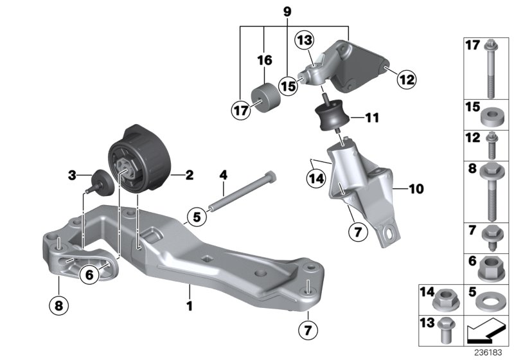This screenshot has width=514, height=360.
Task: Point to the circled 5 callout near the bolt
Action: [197, 217]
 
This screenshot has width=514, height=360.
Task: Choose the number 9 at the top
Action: [287, 11]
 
